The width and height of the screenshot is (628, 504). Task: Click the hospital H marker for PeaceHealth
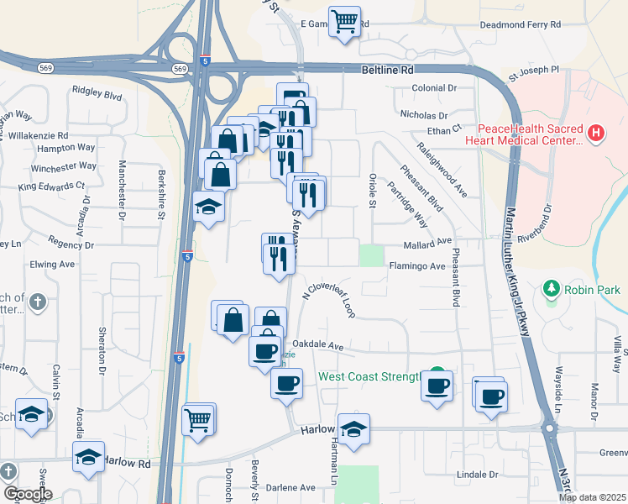[x=595, y=133]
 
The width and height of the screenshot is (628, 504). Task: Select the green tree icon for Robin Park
[x=552, y=290]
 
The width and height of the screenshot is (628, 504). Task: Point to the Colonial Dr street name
[x=434, y=87]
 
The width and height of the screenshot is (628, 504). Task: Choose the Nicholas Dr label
[x=425, y=113]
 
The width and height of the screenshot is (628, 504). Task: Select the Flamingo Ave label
[x=416, y=266]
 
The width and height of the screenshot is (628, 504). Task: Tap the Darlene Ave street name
[x=290, y=487]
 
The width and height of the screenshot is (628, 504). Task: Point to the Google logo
[x=28, y=495]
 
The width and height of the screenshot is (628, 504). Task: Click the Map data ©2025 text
[x=592, y=497]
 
